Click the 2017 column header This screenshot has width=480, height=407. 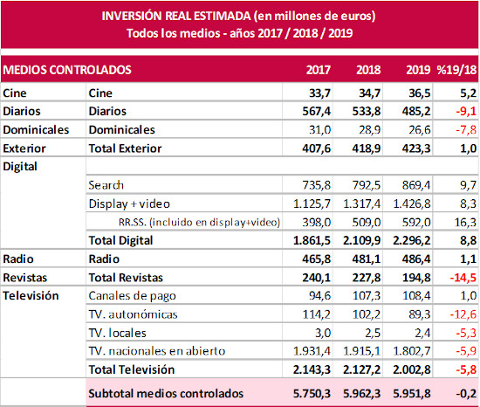319,70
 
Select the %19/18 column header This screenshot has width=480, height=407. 456,70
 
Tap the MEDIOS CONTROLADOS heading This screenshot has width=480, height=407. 67,70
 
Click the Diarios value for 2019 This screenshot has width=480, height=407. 416,111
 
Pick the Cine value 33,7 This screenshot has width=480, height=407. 320,93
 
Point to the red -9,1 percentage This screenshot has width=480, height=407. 466,111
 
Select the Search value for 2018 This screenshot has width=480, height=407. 367,185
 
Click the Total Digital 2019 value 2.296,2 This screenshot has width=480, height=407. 412,240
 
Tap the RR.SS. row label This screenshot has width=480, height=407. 199,222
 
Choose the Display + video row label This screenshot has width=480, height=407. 129,204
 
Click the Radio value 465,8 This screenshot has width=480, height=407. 317,259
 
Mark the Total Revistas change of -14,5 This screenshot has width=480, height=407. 463,278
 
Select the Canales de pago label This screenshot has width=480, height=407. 133,296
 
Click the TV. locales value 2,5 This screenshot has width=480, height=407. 373,333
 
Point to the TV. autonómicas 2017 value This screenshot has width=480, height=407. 317,314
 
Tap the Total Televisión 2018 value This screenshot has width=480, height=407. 362,369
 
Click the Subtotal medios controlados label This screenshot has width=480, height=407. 166,394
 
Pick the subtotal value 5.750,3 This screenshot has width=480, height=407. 312,394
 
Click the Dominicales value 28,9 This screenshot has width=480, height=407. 369,130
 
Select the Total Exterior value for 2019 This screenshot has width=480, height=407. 416,148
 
